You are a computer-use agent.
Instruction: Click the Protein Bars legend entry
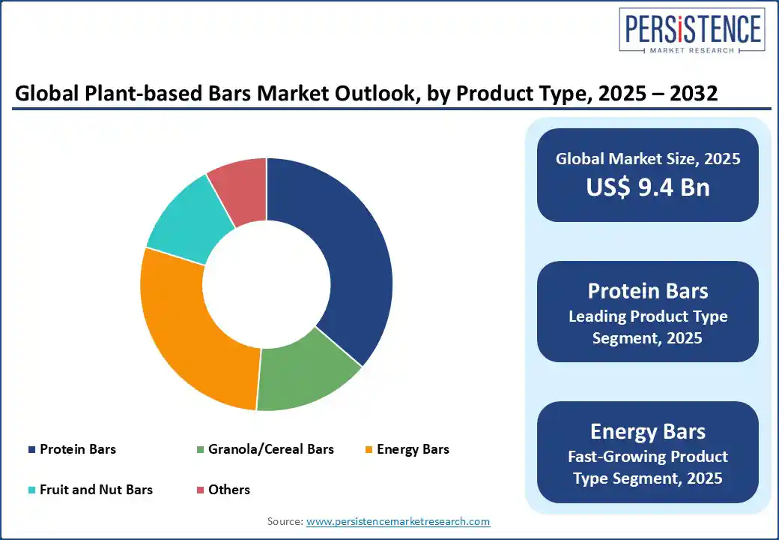[78, 450]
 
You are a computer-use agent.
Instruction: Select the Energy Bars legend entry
[413, 450]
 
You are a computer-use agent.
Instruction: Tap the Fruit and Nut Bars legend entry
[96, 490]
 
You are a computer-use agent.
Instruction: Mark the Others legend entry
[229, 490]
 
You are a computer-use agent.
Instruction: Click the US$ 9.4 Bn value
[647, 187]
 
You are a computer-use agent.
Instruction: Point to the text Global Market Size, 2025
[647, 159]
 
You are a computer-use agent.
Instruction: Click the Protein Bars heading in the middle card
[647, 291]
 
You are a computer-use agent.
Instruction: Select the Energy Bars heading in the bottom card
[647, 431]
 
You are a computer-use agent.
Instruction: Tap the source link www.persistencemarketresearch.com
[398, 521]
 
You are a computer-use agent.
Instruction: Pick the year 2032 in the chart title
[694, 95]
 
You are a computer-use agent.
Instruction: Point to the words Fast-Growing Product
[647, 456]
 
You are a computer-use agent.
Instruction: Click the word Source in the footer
[285, 521]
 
